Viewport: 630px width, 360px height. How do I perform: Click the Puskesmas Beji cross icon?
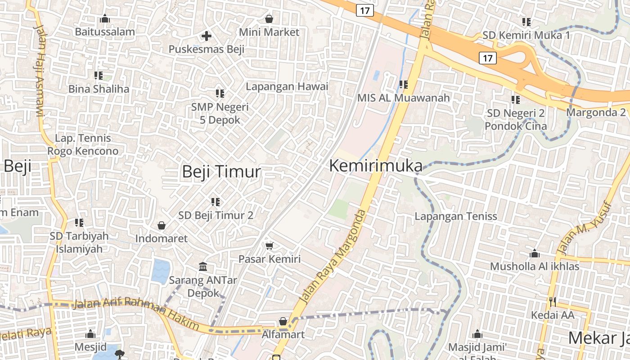(207, 36)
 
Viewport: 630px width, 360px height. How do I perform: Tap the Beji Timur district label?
(221, 172)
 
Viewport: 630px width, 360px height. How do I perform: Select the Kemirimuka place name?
(376, 166)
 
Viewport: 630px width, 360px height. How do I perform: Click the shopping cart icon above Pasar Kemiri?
(269, 245)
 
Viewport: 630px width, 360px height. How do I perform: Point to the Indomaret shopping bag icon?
(161, 225)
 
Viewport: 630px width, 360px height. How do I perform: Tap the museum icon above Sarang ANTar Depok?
(202, 266)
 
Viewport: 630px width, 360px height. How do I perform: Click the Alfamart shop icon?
(283, 321)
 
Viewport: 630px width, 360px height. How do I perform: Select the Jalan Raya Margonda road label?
(332, 257)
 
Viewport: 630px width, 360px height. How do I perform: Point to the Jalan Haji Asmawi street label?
(40, 70)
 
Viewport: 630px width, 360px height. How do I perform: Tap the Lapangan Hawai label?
(287, 86)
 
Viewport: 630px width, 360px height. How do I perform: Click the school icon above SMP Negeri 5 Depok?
(220, 94)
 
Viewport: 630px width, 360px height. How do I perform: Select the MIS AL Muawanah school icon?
(403, 84)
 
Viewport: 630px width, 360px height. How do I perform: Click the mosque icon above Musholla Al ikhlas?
(535, 253)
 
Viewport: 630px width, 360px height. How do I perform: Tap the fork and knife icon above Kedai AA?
(553, 301)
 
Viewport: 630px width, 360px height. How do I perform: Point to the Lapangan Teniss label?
(456, 216)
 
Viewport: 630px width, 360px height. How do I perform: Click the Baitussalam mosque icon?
(105, 18)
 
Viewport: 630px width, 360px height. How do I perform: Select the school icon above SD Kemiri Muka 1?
(526, 22)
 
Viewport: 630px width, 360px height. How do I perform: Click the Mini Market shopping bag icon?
(269, 19)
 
